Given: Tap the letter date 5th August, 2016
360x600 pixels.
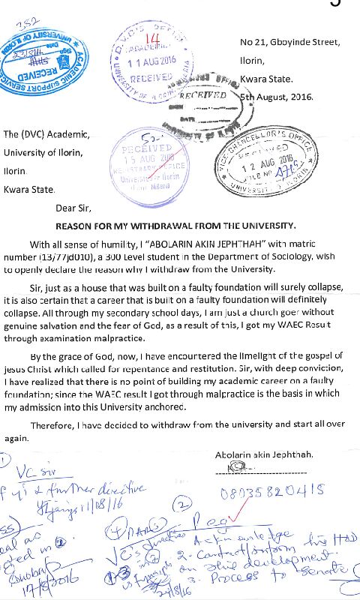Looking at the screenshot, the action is tap(279, 97).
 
